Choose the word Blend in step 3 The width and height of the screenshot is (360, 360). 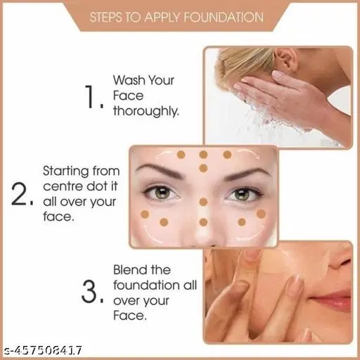pos(133,270)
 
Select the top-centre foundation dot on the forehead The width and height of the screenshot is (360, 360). pos(202,155)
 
